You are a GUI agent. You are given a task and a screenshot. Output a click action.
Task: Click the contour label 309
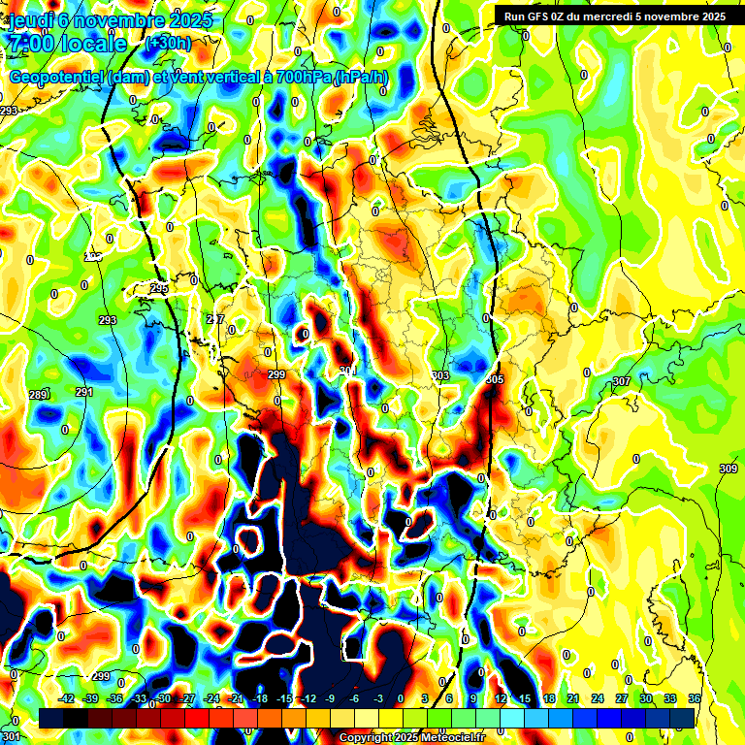click(728, 470)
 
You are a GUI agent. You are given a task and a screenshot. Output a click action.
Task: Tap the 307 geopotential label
click(622, 382)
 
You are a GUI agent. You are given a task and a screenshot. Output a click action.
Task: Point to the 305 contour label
click(495, 379)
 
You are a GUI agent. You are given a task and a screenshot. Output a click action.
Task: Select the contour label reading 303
click(440, 375)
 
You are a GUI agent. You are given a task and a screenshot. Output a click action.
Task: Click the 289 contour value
click(39, 395)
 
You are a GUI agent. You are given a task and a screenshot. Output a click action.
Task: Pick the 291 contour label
click(84, 392)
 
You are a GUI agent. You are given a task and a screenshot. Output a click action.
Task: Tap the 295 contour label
click(159, 289)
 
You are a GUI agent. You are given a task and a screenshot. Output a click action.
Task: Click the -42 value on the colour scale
click(66, 698)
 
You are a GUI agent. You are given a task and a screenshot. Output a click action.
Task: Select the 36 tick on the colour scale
click(695, 698)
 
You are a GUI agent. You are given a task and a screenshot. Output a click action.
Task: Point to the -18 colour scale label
click(259, 698)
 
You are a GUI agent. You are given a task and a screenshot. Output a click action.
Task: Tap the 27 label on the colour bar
click(621, 698)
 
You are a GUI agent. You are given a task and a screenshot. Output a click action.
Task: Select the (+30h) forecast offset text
click(168, 43)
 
